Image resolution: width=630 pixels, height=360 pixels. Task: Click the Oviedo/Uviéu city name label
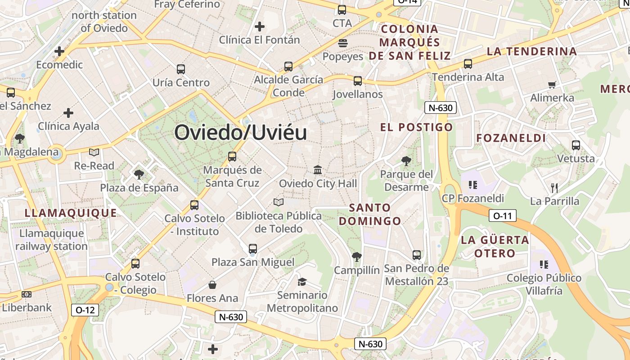[x=241, y=133]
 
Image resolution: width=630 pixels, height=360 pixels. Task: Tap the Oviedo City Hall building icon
[x=318, y=170]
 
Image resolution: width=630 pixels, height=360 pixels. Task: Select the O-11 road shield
[x=502, y=216]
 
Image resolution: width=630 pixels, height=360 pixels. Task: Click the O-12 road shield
[x=85, y=310]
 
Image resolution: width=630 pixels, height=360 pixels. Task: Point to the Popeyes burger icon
[x=343, y=43]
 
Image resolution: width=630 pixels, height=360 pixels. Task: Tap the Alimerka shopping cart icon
[x=552, y=85]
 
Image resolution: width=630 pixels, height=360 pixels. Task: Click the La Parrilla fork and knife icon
[x=554, y=188]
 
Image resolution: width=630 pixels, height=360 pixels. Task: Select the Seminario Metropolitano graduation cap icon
[x=302, y=282]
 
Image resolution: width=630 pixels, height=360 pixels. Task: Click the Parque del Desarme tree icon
[x=406, y=161]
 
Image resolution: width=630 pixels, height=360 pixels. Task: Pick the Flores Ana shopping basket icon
[x=212, y=285]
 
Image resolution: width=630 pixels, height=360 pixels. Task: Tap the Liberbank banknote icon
[x=27, y=294]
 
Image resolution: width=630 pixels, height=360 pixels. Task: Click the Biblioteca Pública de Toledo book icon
[x=279, y=202]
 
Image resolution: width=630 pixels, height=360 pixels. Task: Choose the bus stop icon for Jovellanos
[x=358, y=81]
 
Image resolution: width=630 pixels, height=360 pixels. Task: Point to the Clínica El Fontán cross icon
[x=259, y=27]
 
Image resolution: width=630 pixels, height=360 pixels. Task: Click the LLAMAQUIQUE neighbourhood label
[x=71, y=213]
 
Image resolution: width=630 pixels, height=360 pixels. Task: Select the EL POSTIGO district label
[x=416, y=127]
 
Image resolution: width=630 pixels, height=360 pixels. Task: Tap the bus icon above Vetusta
[x=576, y=145]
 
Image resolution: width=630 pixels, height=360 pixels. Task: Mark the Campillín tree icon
[x=357, y=257]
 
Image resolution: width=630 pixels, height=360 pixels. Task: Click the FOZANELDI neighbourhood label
[x=511, y=138]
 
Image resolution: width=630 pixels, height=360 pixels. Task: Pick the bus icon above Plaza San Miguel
[x=253, y=249]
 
